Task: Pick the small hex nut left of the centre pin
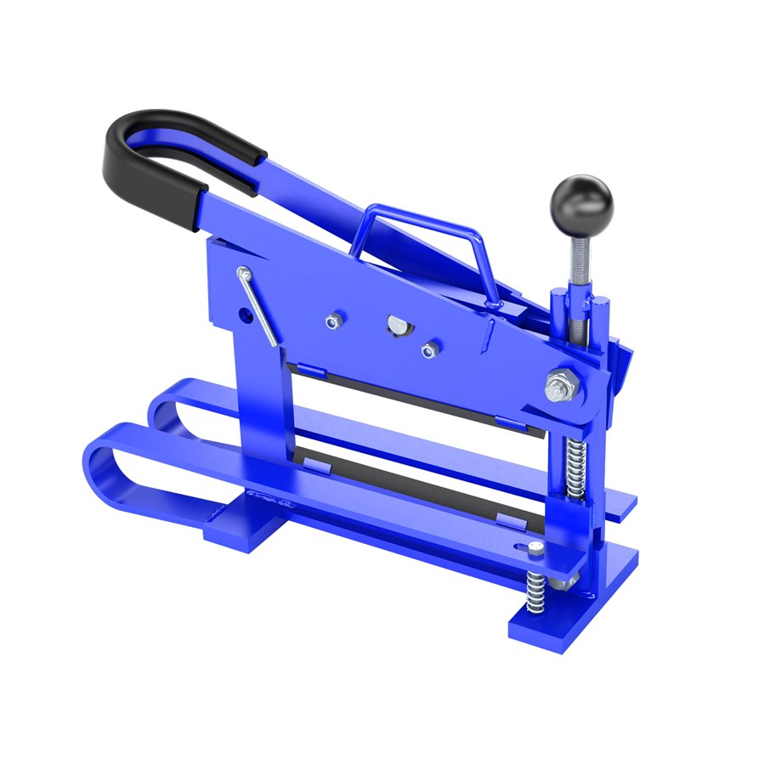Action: [x=334, y=321]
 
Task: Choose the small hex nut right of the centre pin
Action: [x=430, y=349]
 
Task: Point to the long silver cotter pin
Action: [x=257, y=307]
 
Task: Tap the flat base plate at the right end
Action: [x=586, y=608]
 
